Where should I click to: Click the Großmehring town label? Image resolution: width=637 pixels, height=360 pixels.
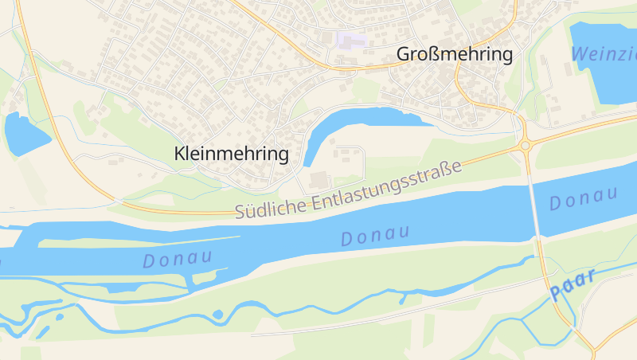(x=455, y=55)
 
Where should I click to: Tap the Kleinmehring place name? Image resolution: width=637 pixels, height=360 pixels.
(x=231, y=155)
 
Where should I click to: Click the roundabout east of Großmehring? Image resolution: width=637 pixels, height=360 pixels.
(x=525, y=145)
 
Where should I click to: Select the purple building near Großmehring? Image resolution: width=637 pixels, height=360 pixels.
(x=351, y=38)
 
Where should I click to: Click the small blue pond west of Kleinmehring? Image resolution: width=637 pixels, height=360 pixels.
(x=25, y=133)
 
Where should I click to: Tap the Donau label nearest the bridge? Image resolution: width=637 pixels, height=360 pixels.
(x=584, y=198)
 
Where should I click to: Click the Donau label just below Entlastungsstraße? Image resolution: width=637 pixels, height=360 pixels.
(x=374, y=235)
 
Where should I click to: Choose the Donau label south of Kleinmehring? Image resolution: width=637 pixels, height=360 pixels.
(x=178, y=258)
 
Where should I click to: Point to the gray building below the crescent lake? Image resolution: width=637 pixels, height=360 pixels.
(x=318, y=180)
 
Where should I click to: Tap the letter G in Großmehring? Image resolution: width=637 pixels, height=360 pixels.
(x=404, y=55)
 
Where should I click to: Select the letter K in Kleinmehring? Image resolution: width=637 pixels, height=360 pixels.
(x=180, y=155)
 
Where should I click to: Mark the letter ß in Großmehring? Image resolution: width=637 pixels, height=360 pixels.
(x=432, y=55)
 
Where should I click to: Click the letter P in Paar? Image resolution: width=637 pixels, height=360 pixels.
(x=556, y=295)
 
